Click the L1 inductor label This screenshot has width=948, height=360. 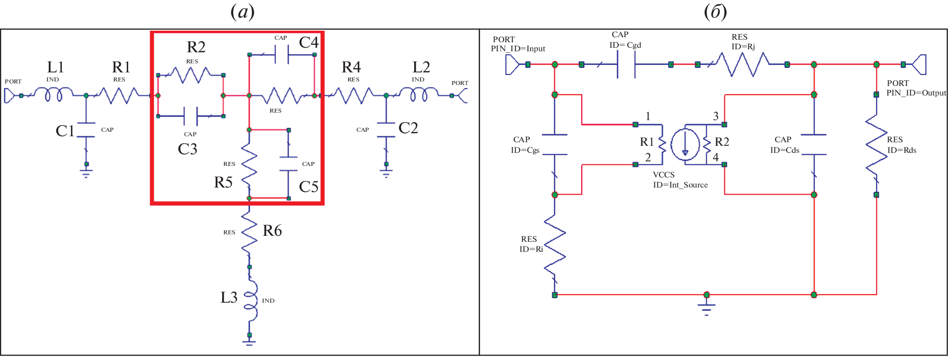[56, 67]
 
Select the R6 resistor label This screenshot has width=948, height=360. [272, 231]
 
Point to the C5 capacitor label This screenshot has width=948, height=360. [309, 187]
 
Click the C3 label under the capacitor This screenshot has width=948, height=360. [187, 149]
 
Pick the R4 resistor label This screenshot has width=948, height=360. [351, 67]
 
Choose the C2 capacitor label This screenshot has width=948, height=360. [408, 128]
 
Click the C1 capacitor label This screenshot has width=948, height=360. [65, 131]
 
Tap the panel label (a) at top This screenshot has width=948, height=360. [243, 12]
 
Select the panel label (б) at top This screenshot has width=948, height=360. [715, 12]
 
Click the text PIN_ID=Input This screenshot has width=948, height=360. [518, 49]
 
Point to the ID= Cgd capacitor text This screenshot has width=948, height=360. [625, 45]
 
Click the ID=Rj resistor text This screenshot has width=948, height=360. [743, 47]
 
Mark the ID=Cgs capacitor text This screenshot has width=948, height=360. [525, 150]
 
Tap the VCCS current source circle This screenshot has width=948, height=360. [685, 145]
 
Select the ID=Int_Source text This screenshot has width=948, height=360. [680, 185]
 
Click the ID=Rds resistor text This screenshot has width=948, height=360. [902, 150]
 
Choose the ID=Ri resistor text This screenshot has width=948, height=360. [531, 249]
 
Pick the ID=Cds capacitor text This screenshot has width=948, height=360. [785, 150]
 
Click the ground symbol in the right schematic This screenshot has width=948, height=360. [707, 307]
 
